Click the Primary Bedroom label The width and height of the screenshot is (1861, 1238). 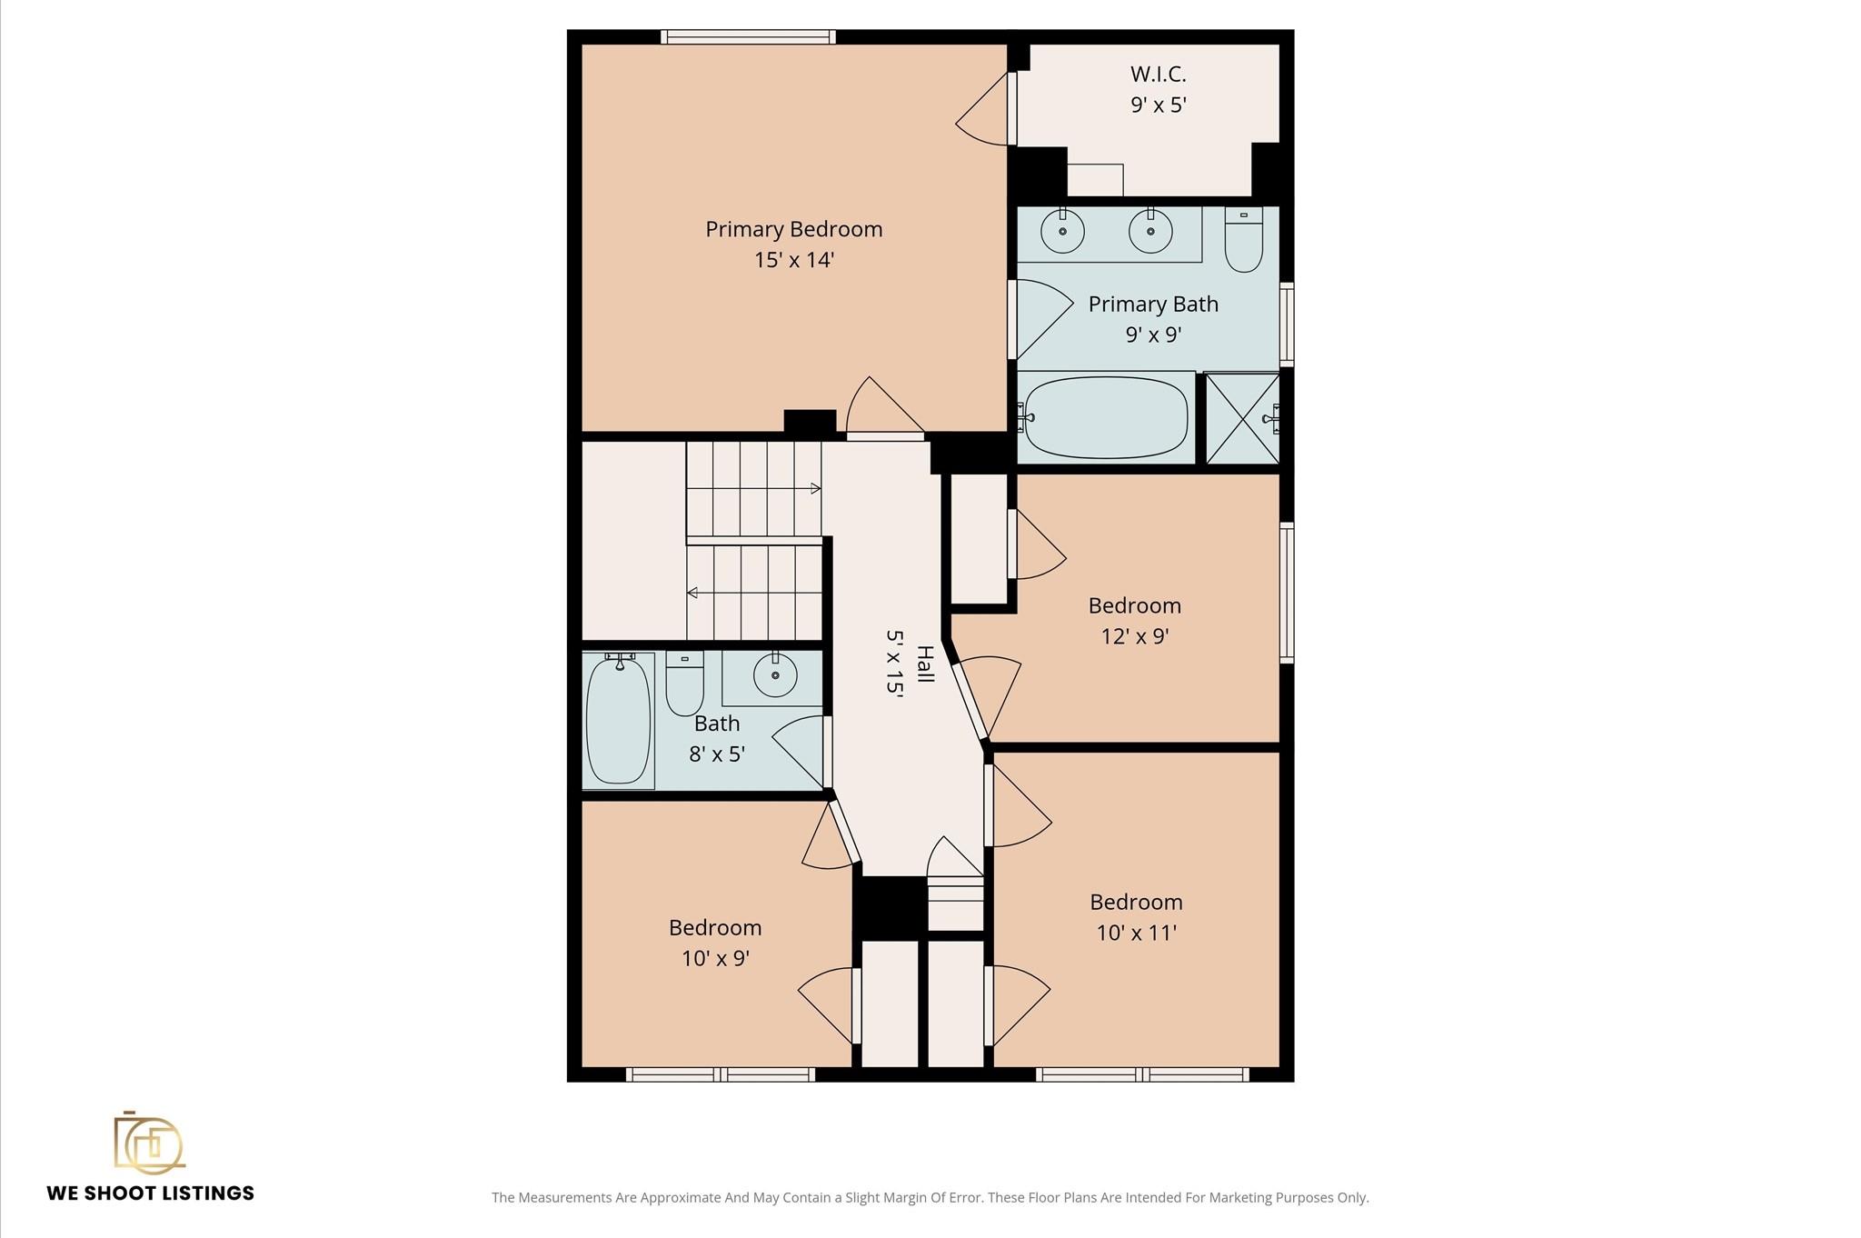pyautogui.click(x=794, y=229)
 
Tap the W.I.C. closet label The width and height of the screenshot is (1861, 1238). pyautogui.click(x=1158, y=74)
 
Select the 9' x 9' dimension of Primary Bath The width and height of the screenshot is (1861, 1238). pyautogui.click(x=1153, y=334)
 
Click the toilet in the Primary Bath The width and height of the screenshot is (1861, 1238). pyautogui.click(x=1243, y=239)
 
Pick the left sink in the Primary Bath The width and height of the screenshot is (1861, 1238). pyautogui.click(x=1062, y=231)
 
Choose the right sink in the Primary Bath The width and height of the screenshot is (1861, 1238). pyautogui.click(x=1150, y=231)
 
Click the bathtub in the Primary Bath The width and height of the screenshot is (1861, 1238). pyautogui.click(x=1106, y=417)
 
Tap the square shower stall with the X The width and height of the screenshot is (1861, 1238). pyautogui.click(x=1242, y=419)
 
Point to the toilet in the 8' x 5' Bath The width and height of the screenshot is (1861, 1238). pyautogui.click(x=684, y=683)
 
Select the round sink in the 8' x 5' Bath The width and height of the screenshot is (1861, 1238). pyautogui.click(x=775, y=675)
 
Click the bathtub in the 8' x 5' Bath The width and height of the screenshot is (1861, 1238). pyautogui.click(x=619, y=720)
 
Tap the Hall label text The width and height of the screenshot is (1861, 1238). pyautogui.click(x=925, y=664)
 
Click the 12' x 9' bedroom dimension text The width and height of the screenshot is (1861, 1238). pyautogui.click(x=1134, y=636)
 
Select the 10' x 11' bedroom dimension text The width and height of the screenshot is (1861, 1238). pyautogui.click(x=1136, y=933)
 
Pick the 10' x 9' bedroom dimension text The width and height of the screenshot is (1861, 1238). pyautogui.click(x=715, y=958)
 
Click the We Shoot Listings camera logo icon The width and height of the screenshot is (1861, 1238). pyautogui.click(x=148, y=1142)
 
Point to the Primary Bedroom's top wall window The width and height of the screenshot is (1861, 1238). pyautogui.click(x=748, y=37)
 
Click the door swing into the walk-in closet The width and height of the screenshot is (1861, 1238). pyautogui.click(x=982, y=108)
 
